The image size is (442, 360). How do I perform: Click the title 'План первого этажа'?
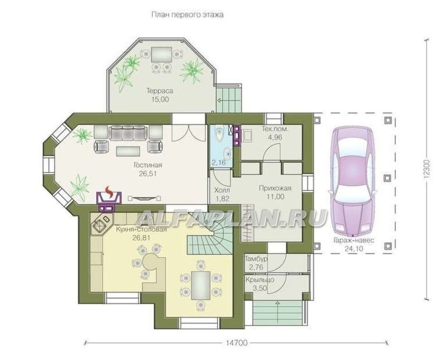point(187,15)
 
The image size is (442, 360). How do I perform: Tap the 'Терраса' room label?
point(159,91)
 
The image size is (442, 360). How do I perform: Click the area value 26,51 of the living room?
point(148,174)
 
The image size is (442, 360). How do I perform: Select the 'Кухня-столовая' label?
point(141,229)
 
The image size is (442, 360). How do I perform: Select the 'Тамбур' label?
point(256,259)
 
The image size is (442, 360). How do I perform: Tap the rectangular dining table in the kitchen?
point(201,285)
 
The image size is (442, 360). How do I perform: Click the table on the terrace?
point(161,55)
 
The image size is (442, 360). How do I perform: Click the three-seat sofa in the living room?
point(129,132)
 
